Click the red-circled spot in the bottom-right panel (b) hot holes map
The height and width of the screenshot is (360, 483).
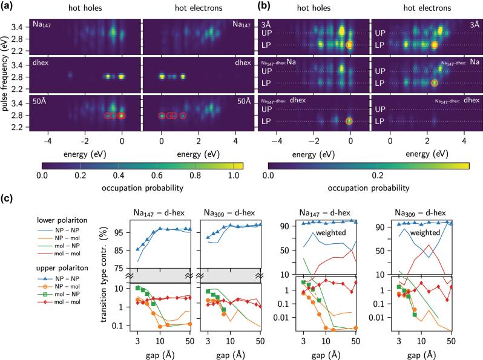pyautogui.click(x=349, y=121)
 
